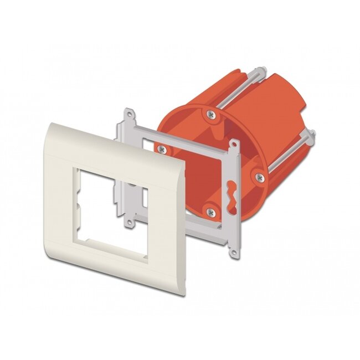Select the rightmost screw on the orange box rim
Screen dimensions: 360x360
[259, 177]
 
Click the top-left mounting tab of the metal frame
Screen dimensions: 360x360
[131, 117]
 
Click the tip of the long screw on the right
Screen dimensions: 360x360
[313, 132]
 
